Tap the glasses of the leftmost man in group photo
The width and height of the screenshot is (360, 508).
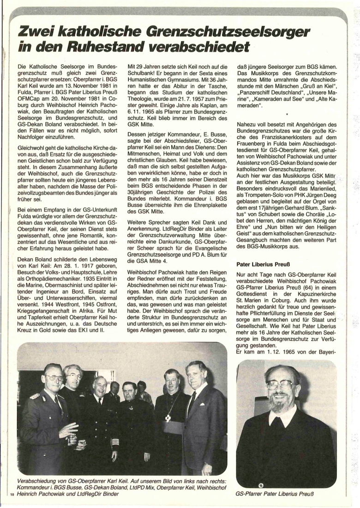[x=54, y=377]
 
